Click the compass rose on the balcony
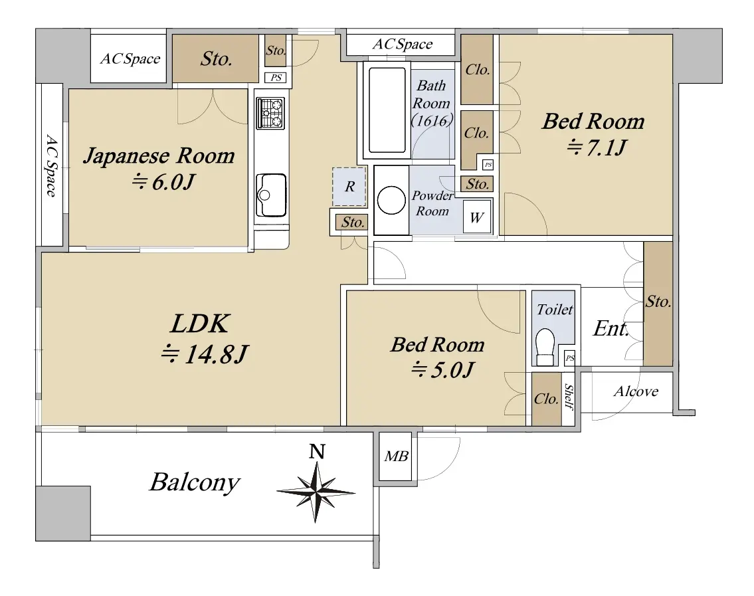pos(316,492)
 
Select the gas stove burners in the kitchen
pos(270,113)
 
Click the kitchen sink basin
pos(271,195)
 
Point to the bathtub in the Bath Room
pos(387,110)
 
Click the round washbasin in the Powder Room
pos(391,200)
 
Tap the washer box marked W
pos(476,217)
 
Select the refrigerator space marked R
pos(349,187)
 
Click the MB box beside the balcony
pos(396,456)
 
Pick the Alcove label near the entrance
pos(636,391)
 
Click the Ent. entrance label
pos(611,328)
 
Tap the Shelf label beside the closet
pos(569,397)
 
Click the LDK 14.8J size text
pos(204,355)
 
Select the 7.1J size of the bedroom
pos(597,147)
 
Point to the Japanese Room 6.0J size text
pos(163,182)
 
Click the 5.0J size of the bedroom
pos(442,369)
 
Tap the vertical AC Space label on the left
pos(51,165)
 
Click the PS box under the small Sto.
pos(276,78)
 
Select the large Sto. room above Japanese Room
pos(216,58)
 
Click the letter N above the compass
pos(317,452)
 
